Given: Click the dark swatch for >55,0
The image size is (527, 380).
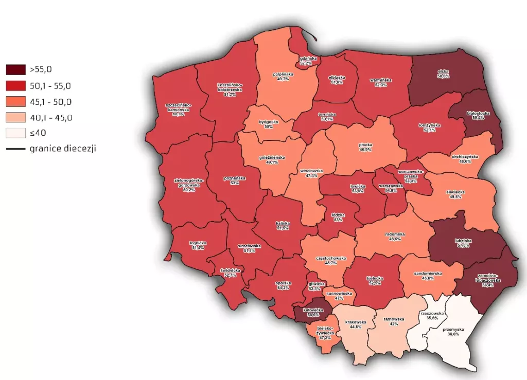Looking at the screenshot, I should pyautogui.click(x=15, y=69).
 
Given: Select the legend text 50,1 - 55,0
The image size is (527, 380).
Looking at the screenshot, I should pyautogui.click(x=50, y=85).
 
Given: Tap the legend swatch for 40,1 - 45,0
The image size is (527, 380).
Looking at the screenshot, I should pyautogui.click(x=15, y=117).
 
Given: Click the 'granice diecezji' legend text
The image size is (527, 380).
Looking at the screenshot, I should pyautogui.click(x=63, y=149).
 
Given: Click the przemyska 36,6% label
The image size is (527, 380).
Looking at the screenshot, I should pyautogui.click(x=453, y=332).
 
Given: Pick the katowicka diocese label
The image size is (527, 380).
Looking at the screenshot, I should pyautogui.click(x=312, y=312).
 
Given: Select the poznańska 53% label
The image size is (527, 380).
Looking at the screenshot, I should pyautogui.click(x=235, y=180).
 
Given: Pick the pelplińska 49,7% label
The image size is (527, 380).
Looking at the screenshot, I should pyautogui.click(x=283, y=77).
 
